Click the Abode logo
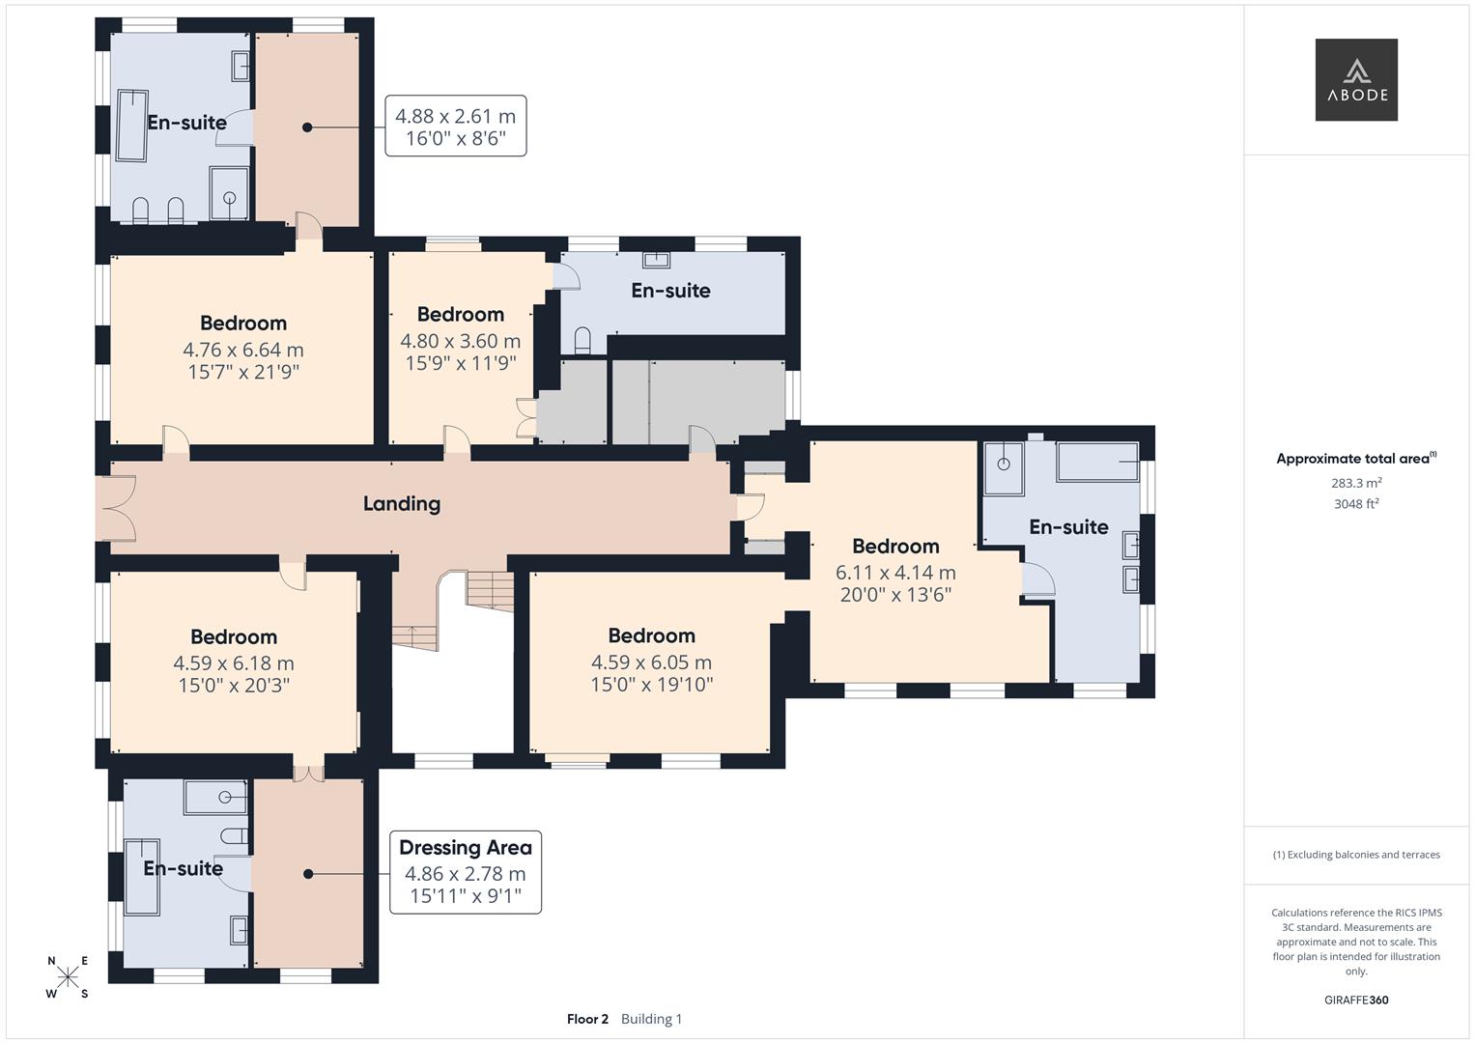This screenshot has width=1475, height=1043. [1355, 79]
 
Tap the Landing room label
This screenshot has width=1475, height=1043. [401, 503]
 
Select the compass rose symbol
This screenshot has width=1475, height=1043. [68, 977]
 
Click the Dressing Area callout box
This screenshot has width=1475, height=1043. [465, 872]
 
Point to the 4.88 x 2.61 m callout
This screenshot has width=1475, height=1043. [455, 126]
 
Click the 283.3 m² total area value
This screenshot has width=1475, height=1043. [1355, 483]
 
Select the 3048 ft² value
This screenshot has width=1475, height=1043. [1355, 503]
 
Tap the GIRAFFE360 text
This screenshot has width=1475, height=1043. [1355, 1000]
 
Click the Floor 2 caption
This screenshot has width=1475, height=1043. [587, 1019]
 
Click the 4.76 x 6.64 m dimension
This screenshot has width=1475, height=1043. [242, 350]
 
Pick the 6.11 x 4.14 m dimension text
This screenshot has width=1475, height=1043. [894, 572]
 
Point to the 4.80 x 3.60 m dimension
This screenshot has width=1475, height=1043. [460, 341]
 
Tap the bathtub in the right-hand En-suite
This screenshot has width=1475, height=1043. [1097, 462]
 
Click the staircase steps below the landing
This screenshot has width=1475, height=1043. [491, 587]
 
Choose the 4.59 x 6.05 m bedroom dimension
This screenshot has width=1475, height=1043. [651, 662]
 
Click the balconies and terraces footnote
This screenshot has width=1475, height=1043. [1355, 855]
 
